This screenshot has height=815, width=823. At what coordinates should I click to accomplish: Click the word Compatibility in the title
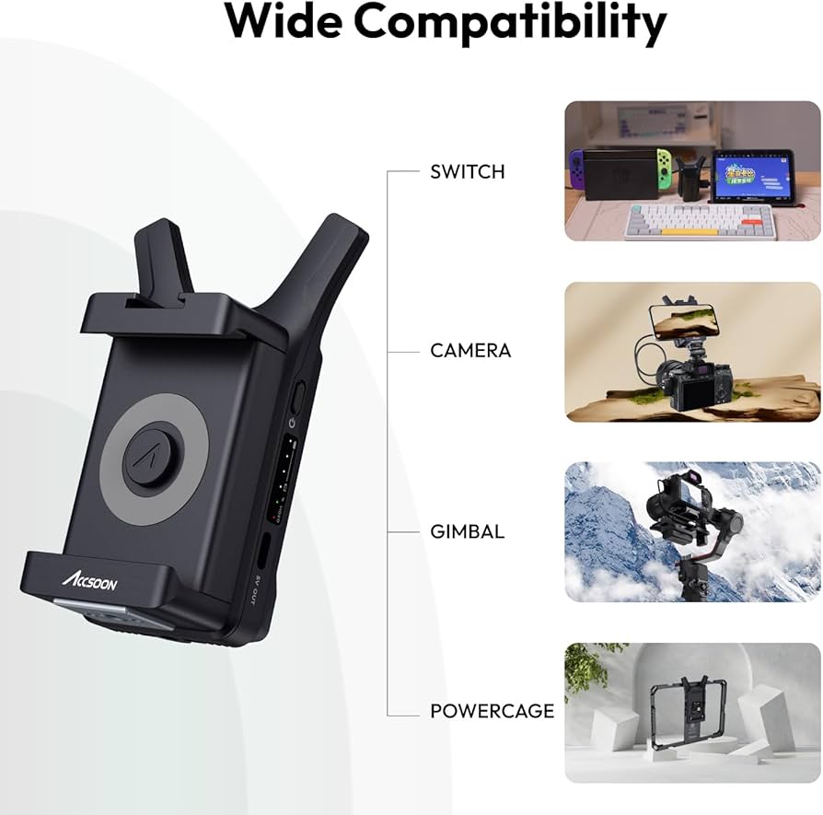click(x=510, y=22)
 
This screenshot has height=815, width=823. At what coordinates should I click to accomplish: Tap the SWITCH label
click(x=467, y=171)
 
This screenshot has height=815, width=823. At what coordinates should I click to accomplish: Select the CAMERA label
click(x=470, y=351)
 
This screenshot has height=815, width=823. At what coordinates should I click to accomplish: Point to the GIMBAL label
click(x=467, y=531)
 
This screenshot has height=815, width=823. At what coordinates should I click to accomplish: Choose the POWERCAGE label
click(x=492, y=711)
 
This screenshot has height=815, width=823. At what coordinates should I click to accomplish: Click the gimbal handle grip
click(x=689, y=581)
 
